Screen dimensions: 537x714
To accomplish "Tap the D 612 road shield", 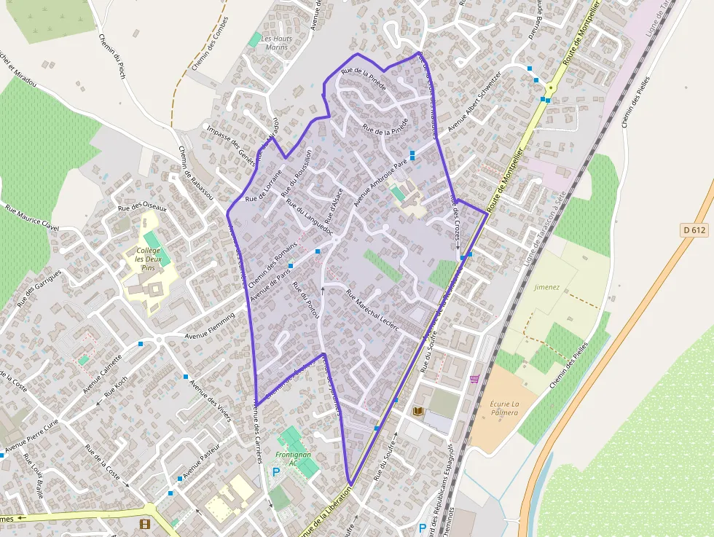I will click(695, 230).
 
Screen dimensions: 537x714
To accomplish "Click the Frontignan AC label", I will click(293, 458).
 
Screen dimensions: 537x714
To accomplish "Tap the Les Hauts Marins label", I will click(276, 43).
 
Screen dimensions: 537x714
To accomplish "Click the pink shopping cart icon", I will click(475, 379).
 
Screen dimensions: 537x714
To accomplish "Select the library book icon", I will click(417, 412).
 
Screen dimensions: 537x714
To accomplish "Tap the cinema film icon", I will click(144, 524).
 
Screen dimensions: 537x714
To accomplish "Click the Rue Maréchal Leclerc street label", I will click(374, 311).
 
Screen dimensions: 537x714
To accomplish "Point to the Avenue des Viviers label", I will click(209, 400).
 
